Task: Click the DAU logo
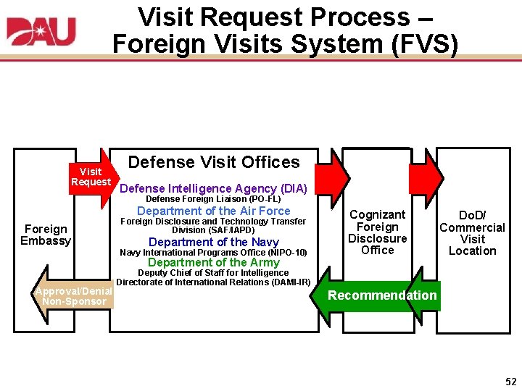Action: click(41, 32)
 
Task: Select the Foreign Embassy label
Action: click(46, 235)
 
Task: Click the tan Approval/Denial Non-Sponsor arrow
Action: click(72, 296)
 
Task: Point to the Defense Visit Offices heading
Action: click(213, 162)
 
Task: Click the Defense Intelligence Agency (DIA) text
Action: click(213, 189)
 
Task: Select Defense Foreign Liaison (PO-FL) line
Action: click(213, 199)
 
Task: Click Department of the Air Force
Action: click(213, 211)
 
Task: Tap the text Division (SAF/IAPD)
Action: click(213, 230)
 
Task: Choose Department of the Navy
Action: click(213, 242)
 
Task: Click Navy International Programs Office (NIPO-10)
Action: click(213, 253)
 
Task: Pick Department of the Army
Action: click(213, 262)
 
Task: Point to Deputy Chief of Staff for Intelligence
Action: click(213, 273)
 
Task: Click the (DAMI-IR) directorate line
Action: click(213, 282)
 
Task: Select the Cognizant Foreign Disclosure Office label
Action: click(377, 232)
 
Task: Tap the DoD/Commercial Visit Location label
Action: click(472, 233)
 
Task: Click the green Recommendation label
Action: click(382, 295)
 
